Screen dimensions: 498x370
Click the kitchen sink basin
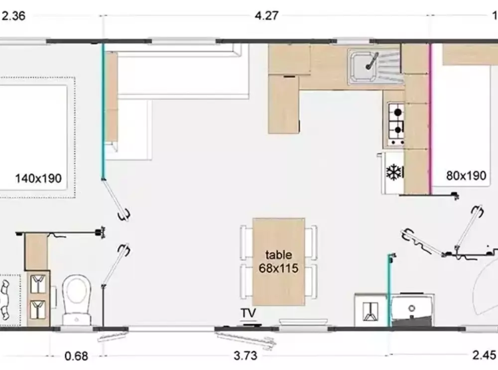[364, 66]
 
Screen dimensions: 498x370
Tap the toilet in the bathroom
[77, 299]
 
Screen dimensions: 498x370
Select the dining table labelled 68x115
[278, 261]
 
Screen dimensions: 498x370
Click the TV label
[248, 313]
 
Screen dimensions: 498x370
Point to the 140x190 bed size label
[38, 178]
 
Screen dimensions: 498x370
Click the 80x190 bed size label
[466, 176]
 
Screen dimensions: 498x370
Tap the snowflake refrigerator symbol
[393, 172]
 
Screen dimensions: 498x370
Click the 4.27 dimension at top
[266, 15]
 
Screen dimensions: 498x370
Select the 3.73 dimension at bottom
[245, 356]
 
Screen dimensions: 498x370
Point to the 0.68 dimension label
[76, 356]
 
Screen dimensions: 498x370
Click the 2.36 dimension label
[13, 16]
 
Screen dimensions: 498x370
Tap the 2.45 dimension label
[484, 355]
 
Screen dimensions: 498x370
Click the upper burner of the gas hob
[397, 112]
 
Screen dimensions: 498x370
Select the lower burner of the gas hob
[397, 129]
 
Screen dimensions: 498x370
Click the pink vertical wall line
[431, 119]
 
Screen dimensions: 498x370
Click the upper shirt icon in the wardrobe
[38, 284]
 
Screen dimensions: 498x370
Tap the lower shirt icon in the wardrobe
[38, 310]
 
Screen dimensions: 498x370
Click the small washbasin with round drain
[412, 309]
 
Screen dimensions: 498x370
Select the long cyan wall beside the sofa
[103, 111]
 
